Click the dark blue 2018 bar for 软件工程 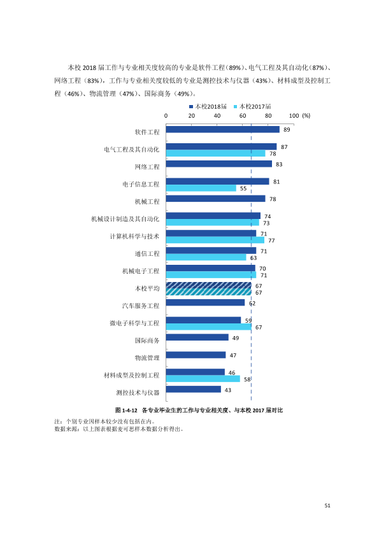pyautogui.click(x=223, y=130)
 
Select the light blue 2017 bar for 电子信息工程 pyautogui.click(x=201, y=188)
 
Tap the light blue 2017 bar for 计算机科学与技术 pyautogui.click(x=215, y=241)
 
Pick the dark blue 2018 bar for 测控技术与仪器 pyautogui.click(x=194, y=390)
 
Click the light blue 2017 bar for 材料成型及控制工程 pyautogui.click(x=203, y=379)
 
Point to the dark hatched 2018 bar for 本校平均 pyautogui.click(x=209, y=285)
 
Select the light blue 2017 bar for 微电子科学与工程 pyautogui.click(x=209, y=327)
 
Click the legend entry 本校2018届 pyautogui.click(x=208, y=107)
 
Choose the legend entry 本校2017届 pyautogui.click(x=252, y=107)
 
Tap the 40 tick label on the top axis pyautogui.click(x=217, y=116)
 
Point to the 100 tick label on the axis pyautogui.click(x=294, y=116)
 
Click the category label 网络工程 pyautogui.click(x=147, y=167)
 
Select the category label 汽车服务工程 pyautogui.click(x=141, y=306)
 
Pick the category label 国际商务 pyautogui.click(x=147, y=341)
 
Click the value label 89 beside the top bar pyautogui.click(x=287, y=130)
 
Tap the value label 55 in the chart pyautogui.click(x=243, y=188)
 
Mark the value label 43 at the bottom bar pyautogui.click(x=228, y=390)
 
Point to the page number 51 pyautogui.click(x=327, y=505)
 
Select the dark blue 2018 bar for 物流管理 pyautogui.click(x=196, y=355)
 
